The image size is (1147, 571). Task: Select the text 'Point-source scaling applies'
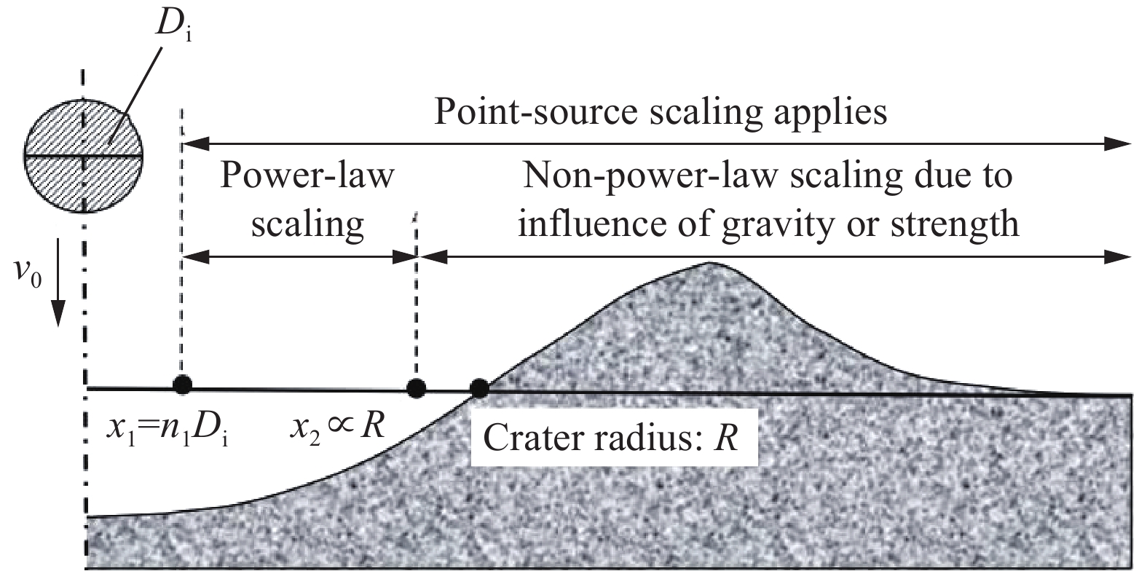pos(661,113)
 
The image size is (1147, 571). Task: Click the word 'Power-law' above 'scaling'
pos(307,177)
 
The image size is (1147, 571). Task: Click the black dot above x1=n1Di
pos(182,385)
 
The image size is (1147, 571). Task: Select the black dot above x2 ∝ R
pos(416,387)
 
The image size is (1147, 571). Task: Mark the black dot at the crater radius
pos(479,388)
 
